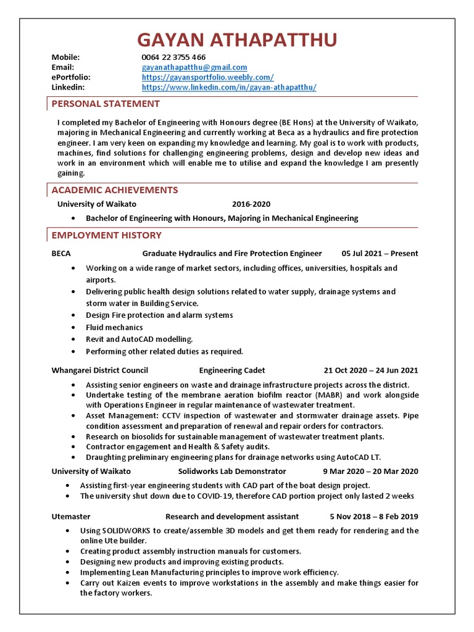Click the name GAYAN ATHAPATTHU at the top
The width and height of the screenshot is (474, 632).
pos(237,40)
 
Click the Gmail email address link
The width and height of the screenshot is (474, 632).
pos(194,67)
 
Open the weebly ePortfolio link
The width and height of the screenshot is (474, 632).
pos(208,77)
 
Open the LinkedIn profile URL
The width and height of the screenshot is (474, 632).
pos(229,88)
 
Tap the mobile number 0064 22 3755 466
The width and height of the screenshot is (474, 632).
pos(173,57)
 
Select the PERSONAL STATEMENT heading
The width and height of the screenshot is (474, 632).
pos(106,104)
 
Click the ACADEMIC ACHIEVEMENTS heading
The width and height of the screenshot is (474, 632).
pos(115,190)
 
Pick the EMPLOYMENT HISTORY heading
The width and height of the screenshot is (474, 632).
pos(107,235)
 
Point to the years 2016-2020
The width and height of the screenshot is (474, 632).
pos(251,204)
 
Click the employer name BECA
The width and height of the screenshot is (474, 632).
pos(61,254)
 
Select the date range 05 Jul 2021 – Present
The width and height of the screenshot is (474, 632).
pos(380,254)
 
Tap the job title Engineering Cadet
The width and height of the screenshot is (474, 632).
pos(232,371)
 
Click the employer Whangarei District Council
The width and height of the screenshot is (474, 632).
pos(100,371)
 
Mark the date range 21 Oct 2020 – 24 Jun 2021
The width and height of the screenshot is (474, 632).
pos(370,371)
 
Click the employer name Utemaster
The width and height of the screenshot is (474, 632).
pos(71,517)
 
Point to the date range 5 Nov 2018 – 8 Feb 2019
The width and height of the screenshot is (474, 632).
pos(374,517)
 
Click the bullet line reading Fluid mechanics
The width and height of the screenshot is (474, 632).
pos(114,328)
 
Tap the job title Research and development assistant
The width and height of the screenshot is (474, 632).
pos(232,517)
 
